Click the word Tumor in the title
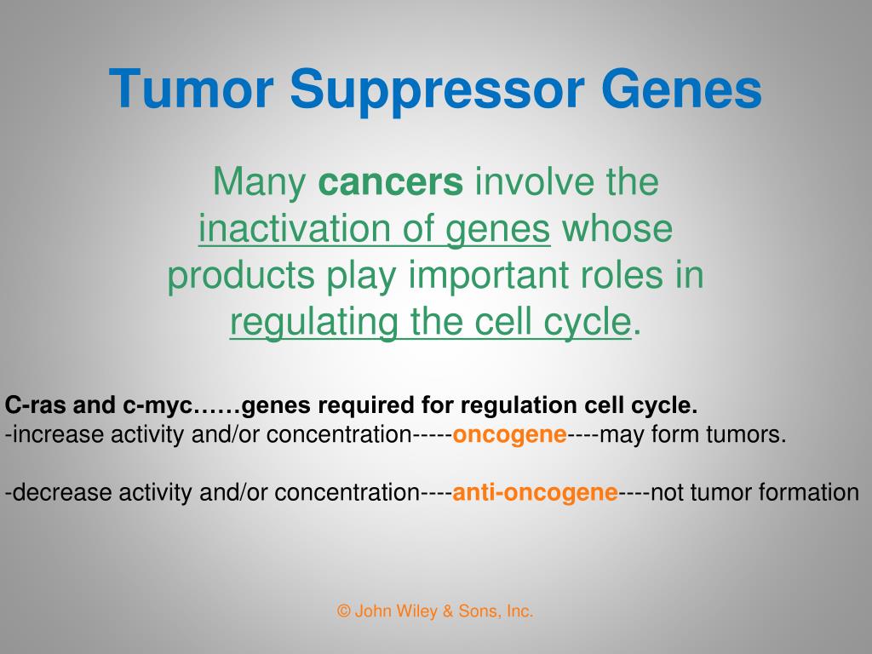pos(192,89)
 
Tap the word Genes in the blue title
pos(681,89)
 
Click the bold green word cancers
pos(390,182)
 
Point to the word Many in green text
pos(259,183)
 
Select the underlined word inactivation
pos(295,228)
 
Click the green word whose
pos(617,228)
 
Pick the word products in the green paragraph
pos(241,277)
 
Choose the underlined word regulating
pos(314,323)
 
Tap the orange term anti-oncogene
pos(535,493)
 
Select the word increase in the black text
pos(58,434)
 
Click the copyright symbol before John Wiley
pos(344,611)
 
